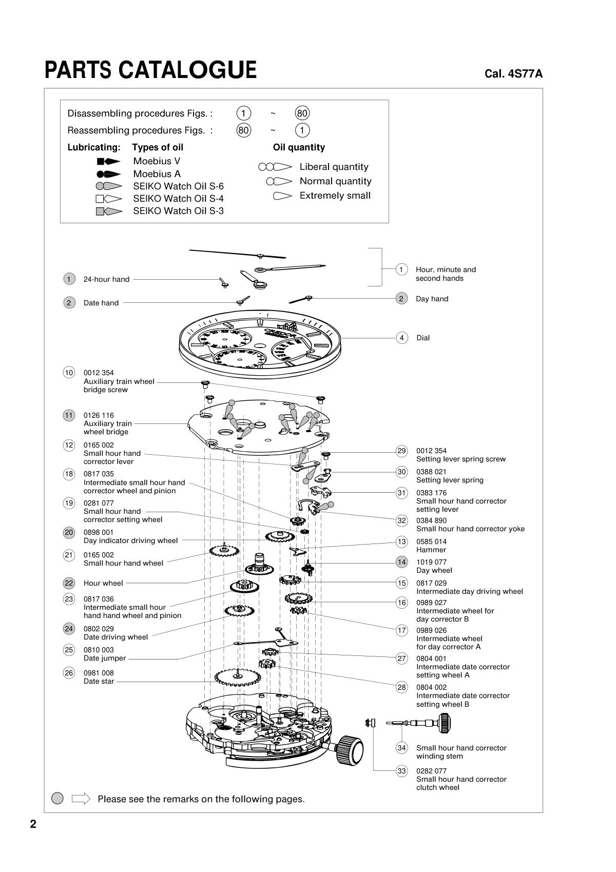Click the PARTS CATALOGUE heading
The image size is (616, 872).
[x=150, y=70]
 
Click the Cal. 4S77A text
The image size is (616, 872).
[x=513, y=74]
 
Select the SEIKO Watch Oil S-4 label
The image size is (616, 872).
[x=178, y=199]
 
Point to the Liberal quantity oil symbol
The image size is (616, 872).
[x=275, y=167]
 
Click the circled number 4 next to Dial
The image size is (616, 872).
[x=402, y=338]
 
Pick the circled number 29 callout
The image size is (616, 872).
[x=401, y=451]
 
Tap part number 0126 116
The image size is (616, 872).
[x=99, y=415]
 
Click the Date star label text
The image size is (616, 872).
[x=99, y=681]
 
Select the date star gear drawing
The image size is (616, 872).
[x=237, y=677]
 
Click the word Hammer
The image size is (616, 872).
[x=431, y=550]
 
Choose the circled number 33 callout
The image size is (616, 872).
[x=401, y=771]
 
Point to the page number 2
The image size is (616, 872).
[x=33, y=824]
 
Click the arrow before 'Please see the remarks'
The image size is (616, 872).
[x=81, y=799]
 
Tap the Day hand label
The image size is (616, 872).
[x=432, y=299]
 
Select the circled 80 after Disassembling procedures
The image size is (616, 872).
[x=302, y=113]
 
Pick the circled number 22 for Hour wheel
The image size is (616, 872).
[x=69, y=583]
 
